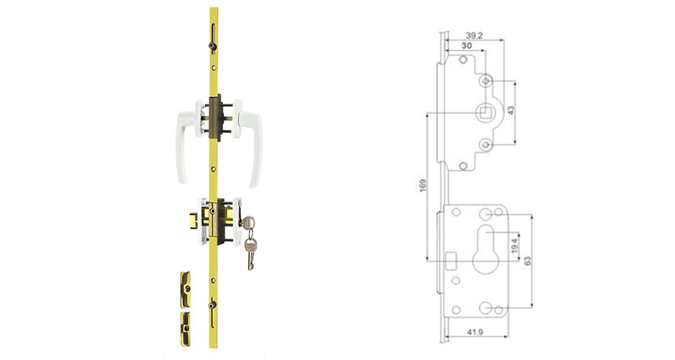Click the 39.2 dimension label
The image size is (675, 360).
(474, 36)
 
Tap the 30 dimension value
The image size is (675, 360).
(467, 46)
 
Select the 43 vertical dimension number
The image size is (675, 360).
(511, 110)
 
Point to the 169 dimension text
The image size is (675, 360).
(423, 185)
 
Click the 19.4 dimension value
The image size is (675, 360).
(515, 246)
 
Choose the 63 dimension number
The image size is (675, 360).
(527, 261)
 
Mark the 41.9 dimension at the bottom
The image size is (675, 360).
(475, 332)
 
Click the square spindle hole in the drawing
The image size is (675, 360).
(485, 112)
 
